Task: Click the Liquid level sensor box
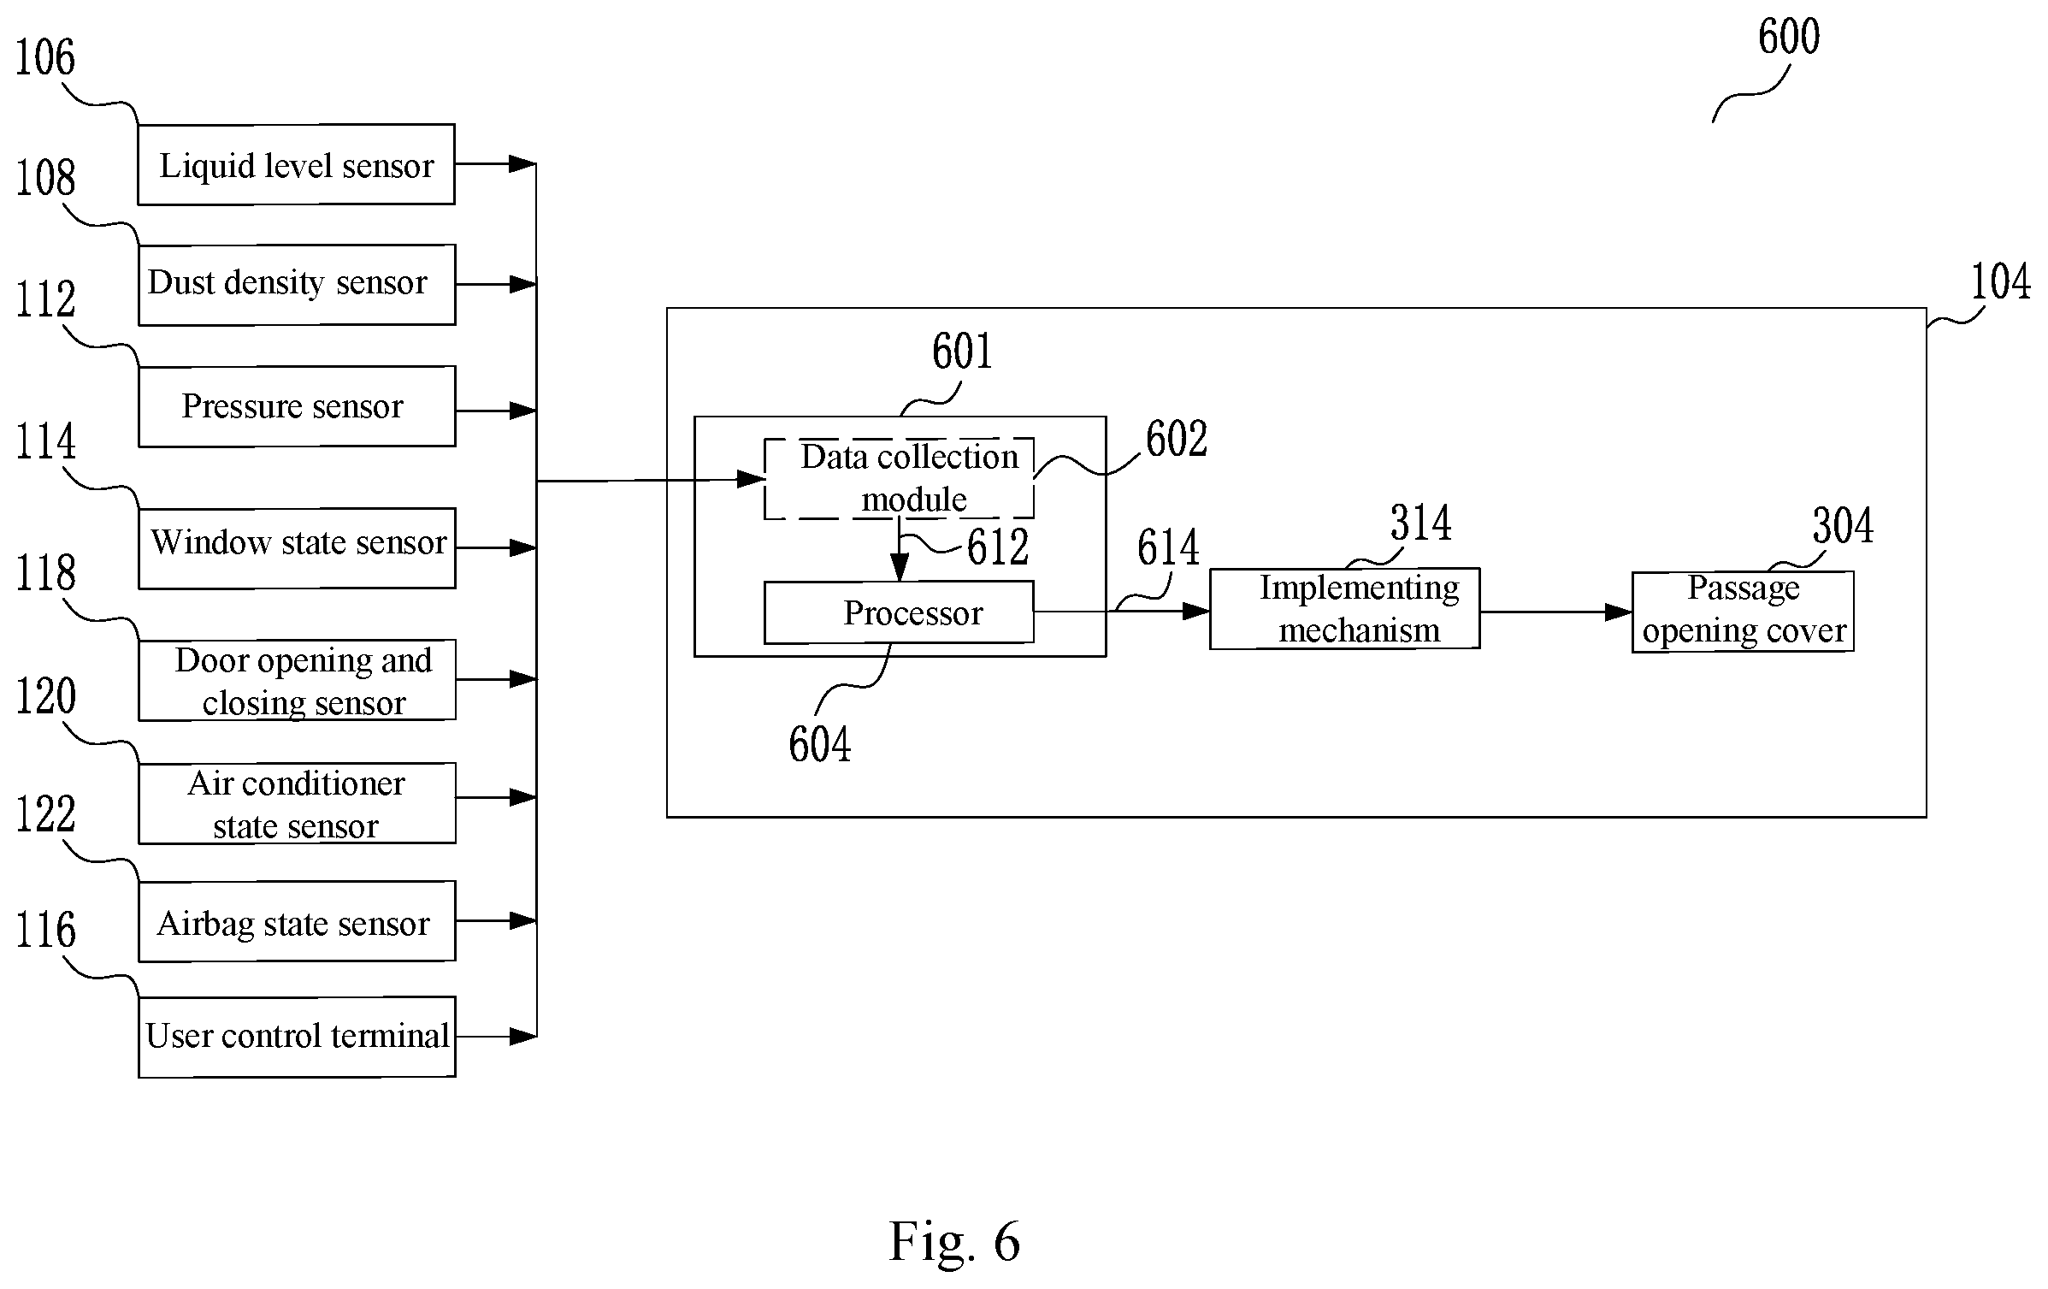click(x=296, y=164)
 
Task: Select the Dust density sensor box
click(x=297, y=285)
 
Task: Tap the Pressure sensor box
click(x=297, y=406)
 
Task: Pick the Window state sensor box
click(x=297, y=548)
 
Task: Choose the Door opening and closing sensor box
click(x=297, y=680)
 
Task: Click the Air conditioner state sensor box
click(x=297, y=803)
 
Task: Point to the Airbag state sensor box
click(x=297, y=921)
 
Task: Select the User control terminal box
click(x=297, y=1037)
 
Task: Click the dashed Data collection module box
click(x=899, y=478)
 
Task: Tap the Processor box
click(x=899, y=612)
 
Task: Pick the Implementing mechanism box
click(x=1344, y=609)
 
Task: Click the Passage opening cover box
click(x=1743, y=612)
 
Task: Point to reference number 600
click(x=1789, y=37)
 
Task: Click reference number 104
click(x=2001, y=281)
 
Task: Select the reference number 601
click(x=962, y=352)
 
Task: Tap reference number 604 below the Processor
click(x=820, y=744)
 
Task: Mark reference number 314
click(x=1420, y=523)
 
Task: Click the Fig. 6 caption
click(x=954, y=1241)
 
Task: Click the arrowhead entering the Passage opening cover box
click(x=1619, y=612)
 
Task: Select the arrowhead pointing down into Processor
click(x=899, y=567)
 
